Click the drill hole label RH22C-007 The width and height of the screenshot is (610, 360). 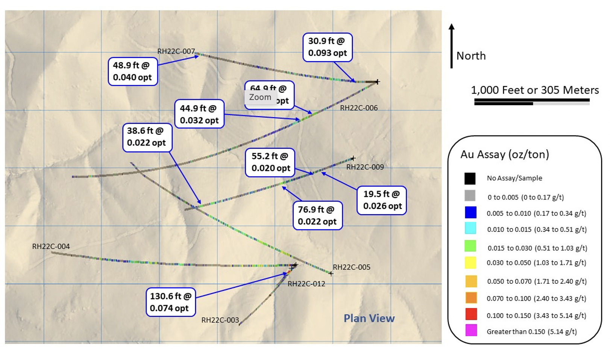(176, 51)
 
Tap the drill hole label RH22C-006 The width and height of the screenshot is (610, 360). (359, 108)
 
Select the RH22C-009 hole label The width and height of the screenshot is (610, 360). (365, 167)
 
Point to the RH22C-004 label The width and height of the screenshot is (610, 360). (51, 247)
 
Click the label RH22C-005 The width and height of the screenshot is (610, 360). (351, 267)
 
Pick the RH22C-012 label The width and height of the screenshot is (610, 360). (306, 284)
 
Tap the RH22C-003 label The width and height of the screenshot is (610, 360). (220, 320)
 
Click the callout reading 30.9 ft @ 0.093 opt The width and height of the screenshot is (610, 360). (327, 47)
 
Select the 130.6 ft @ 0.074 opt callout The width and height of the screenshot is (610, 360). (171, 302)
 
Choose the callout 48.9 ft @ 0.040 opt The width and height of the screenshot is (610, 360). (132, 71)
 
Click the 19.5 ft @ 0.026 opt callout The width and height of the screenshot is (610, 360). (382, 200)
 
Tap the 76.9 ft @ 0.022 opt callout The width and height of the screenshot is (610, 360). (317, 215)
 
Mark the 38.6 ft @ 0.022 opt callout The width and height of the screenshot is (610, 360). (147, 137)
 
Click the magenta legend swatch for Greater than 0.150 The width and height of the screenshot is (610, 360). (471, 330)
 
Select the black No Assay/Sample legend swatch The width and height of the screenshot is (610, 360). (470, 178)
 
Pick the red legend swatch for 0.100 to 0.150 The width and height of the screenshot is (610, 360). (471, 314)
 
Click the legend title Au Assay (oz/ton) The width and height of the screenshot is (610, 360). (505, 154)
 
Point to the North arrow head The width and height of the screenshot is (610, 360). (452, 27)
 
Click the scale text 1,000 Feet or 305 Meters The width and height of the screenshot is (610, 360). (535, 90)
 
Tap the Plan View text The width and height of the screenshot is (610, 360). (369, 318)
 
